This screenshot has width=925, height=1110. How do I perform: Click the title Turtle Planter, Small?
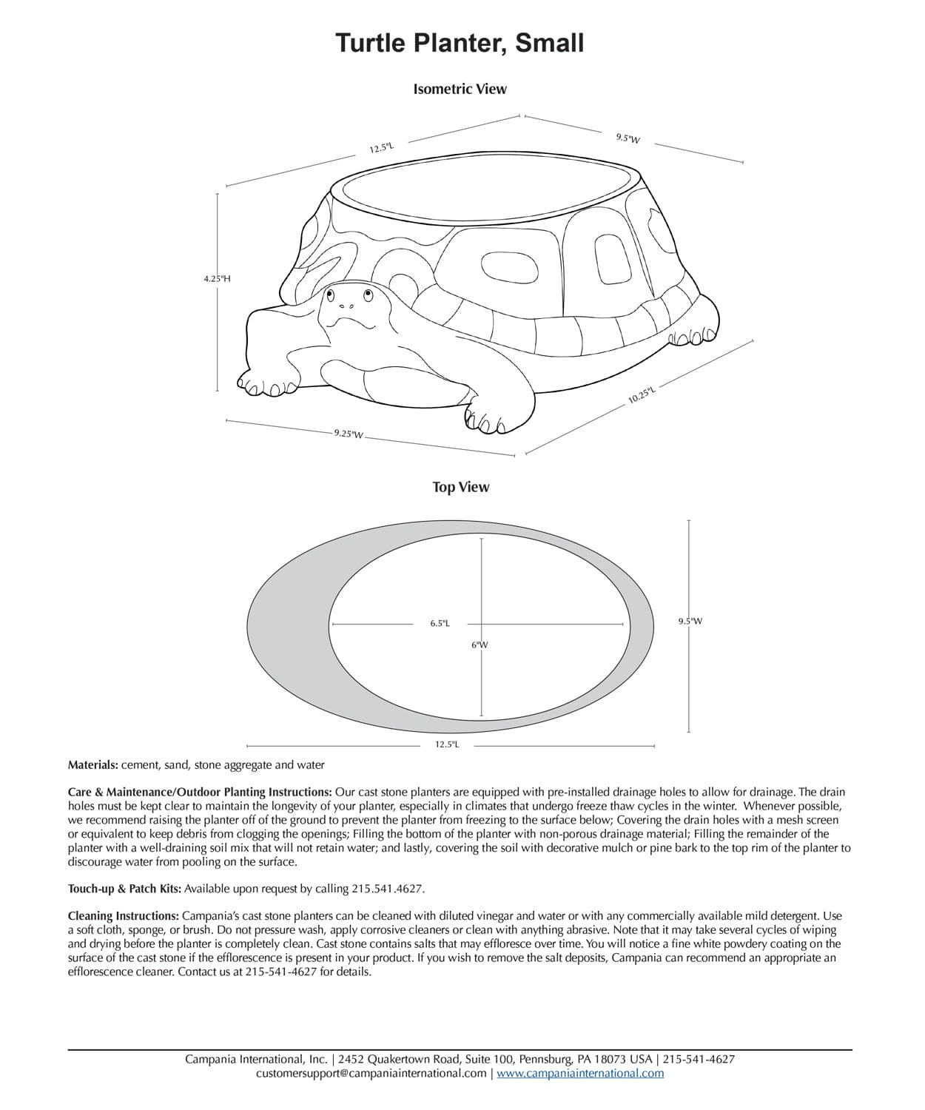coord(460,43)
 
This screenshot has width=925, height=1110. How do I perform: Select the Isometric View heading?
coord(460,89)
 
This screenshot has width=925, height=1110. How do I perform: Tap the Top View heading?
coord(461,487)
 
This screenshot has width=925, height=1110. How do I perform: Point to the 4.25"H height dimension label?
coord(218,279)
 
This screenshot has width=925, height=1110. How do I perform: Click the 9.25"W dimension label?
coord(349,434)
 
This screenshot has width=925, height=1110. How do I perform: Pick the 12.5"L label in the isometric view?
coord(382,148)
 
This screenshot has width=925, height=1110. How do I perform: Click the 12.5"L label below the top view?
coord(447,744)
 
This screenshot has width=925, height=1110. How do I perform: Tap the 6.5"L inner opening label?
coord(440,623)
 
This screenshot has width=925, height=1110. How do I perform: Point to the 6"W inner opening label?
coord(480,645)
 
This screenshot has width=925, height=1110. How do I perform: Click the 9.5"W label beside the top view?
coord(690,621)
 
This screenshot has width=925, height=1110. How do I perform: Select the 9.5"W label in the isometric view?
coord(628,138)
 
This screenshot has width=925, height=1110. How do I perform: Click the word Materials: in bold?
coord(92,764)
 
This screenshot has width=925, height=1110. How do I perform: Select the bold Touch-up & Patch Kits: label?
coord(124,888)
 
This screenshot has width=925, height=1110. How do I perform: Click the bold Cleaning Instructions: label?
coord(123,915)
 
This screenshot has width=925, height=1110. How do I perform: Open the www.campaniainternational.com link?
coord(580,1073)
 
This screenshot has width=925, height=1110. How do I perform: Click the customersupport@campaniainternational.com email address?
coord(371,1073)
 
